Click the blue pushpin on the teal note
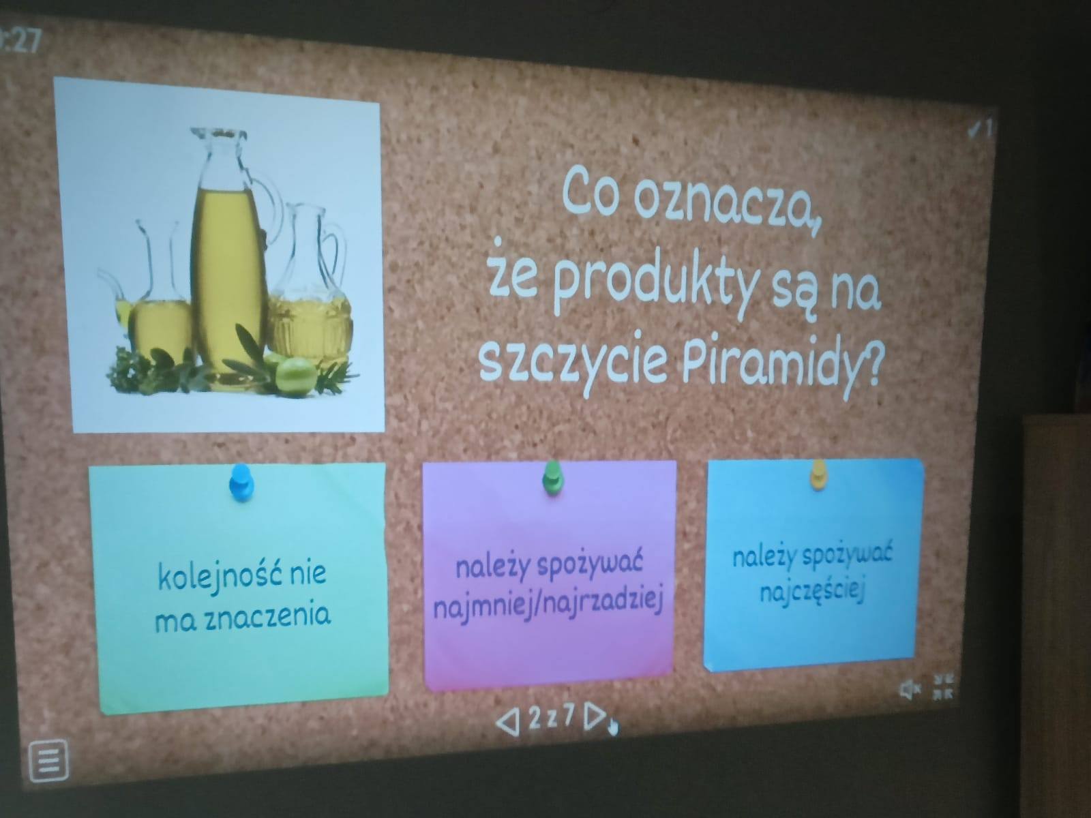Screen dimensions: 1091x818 click(241, 482)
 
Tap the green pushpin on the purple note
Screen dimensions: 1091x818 click(552, 477)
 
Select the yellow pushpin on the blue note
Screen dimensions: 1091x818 click(818, 474)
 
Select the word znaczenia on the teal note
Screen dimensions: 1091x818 click(268, 618)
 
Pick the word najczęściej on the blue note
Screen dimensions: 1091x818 click(812, 592)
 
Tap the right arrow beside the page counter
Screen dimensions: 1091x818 click(595, 716)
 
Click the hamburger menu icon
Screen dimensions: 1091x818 click(48, 759)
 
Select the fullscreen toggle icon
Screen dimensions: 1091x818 click(943, 686)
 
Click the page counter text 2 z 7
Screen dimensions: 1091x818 click(552, 716)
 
